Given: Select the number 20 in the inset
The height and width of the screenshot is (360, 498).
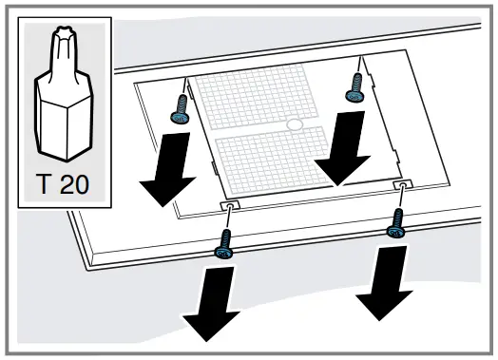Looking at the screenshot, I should tap(77, 183).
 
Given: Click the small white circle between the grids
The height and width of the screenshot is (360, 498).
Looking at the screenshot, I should tap(295, 123).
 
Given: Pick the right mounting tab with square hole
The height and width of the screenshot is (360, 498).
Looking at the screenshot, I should tap(403, 183).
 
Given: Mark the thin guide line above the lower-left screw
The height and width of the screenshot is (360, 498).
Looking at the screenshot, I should tap(229, 220).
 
